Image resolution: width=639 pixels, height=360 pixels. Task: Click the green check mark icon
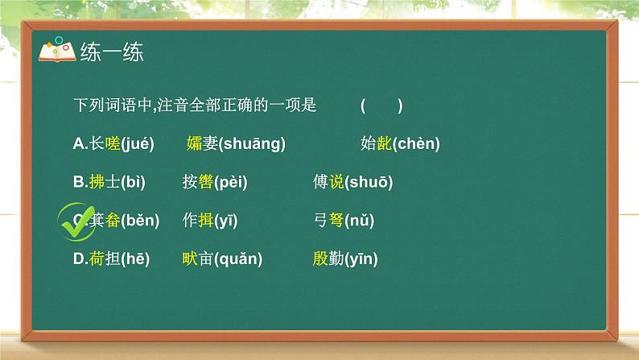[79, 221]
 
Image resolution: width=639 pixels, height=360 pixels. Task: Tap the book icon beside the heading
[56, 51]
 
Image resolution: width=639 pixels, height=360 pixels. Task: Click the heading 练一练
[111, 52]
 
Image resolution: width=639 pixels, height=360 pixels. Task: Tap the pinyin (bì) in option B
[132, 183]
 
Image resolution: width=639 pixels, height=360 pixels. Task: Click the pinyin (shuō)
[369, 183]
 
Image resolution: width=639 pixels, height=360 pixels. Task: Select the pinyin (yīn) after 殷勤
[361, 259]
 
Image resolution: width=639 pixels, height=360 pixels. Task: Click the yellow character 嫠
[194, 144]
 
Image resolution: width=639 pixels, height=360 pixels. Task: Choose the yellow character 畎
[191, 259]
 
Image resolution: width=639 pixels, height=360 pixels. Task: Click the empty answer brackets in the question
[381, 106]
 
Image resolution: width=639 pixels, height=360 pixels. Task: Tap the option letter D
[77, 259]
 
